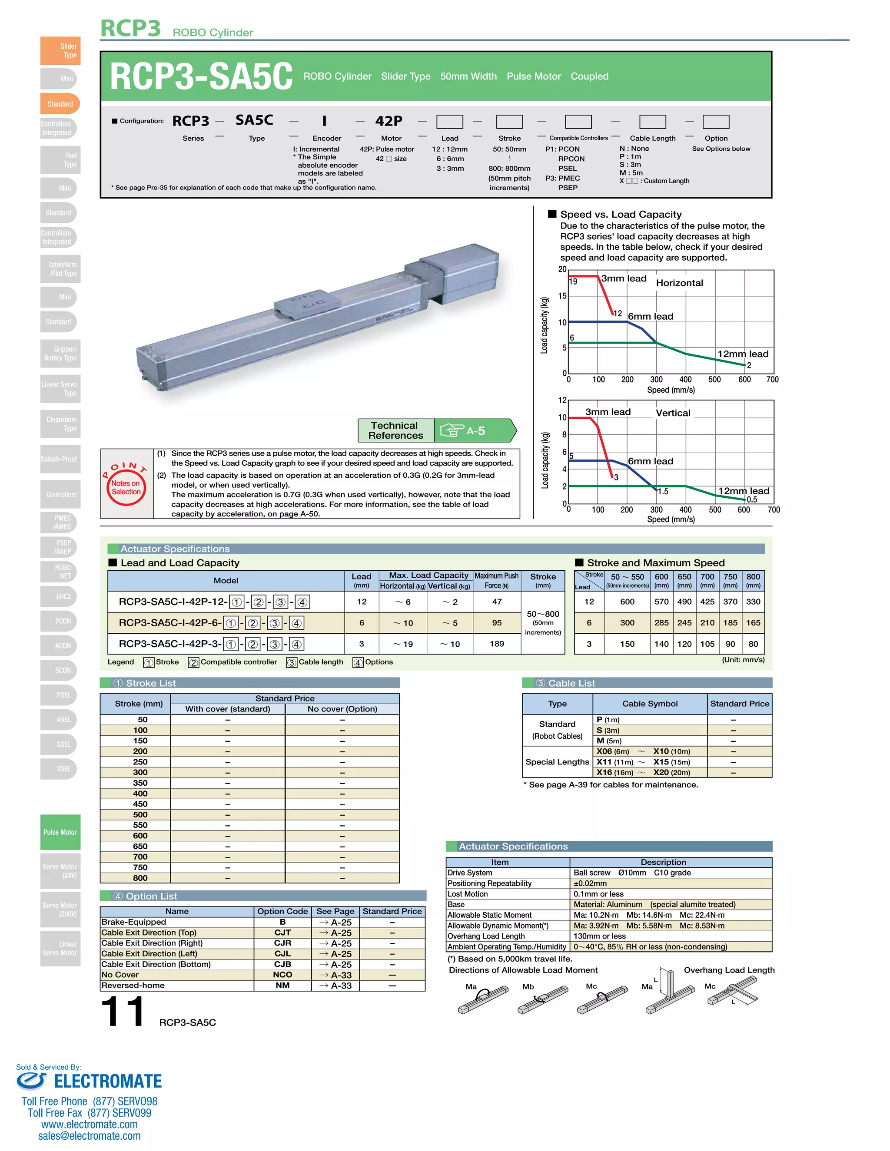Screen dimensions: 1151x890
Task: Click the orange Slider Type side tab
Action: pyautogui.click(x=60, y=50)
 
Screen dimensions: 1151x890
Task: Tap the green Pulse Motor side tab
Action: pyautogui.click(x=60, y=832)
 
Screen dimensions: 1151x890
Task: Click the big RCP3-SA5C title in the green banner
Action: pyautogui.click(x=201, y=76)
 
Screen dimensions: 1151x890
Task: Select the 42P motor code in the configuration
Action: pyautogui.click(x=389, y=121)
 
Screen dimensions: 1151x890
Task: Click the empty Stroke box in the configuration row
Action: pyautogui.click(x=509, y=122)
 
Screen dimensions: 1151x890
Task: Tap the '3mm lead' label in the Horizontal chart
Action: pyautogui.click(x=624, y=278)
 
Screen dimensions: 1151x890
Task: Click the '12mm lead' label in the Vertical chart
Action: pyautogui.click(x=744, y=491)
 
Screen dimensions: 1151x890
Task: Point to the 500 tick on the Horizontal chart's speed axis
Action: pyautogui.click(x=714, y=380)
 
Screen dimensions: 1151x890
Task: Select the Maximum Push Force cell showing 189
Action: pyautogui.click(x=497, y=644)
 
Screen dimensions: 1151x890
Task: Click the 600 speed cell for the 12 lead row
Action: pyautogui.click(x=627, y=601)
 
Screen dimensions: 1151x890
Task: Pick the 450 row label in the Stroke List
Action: pyautogui.click(x=140, y=804)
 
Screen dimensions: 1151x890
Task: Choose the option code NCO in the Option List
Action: pyautogui.click(x=282, y=975)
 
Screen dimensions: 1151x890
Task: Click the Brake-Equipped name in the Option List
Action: pyautogui.click(x=134, y=922)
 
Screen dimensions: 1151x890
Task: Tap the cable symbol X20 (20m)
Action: pyautogui.click(x=671, y=772)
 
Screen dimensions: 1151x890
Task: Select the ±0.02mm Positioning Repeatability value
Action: pyautogui.click(x=590, y=883)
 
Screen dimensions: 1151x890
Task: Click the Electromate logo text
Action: pyautogui.click(x=108, y=1081)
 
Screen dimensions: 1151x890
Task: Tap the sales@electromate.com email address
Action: pyautogui.click(x=89, y=1136)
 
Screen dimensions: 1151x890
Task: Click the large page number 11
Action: pyautogui.click(x=122, y=1011)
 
